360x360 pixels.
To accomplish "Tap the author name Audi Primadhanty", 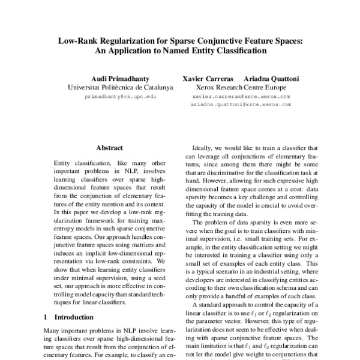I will pyautogui.click(x=121, y=79).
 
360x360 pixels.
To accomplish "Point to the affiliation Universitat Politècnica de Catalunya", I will pyautogui.click(x=121, y=88).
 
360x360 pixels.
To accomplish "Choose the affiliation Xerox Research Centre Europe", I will pyautogui.click(x=241, y=88).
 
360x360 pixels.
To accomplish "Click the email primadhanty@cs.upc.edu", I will pyautogui.click(x=121, y=96).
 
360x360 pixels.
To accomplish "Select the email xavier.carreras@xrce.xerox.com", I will pyautogui.click(x=241, y=96).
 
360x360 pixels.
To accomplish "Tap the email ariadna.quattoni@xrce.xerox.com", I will pyautogui.click(x=241, y=104).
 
